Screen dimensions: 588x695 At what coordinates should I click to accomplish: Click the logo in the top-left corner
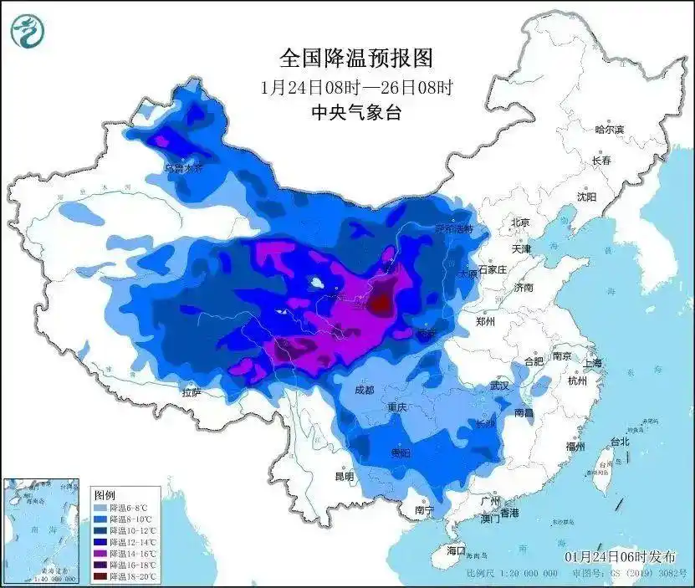tap(27, 31)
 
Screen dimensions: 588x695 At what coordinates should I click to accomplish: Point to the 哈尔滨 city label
tap(609, 130)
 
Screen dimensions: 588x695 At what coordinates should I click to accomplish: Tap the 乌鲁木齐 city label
tap(182, 168)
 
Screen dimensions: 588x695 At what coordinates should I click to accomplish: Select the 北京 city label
tap(520, 222)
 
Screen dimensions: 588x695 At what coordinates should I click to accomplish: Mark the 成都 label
tap(364, 390)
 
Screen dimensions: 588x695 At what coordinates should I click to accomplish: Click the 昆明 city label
tap(344, 477)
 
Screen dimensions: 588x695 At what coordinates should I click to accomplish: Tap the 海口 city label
tap(455, 550)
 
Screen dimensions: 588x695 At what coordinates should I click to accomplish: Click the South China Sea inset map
tap(42, 530)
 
